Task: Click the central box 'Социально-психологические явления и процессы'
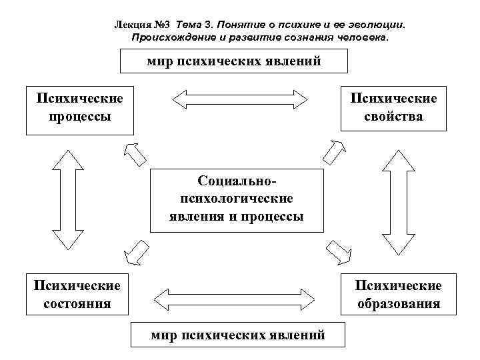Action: (x=237, y=199)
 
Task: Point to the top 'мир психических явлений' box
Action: (x=235, y=61)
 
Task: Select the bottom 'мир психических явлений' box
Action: (x=238, y=335)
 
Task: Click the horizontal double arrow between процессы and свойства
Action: (x=239, y=100)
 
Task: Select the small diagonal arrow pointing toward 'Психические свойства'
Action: (x=331, y=152)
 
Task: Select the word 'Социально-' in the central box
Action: (x=237, y=181)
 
